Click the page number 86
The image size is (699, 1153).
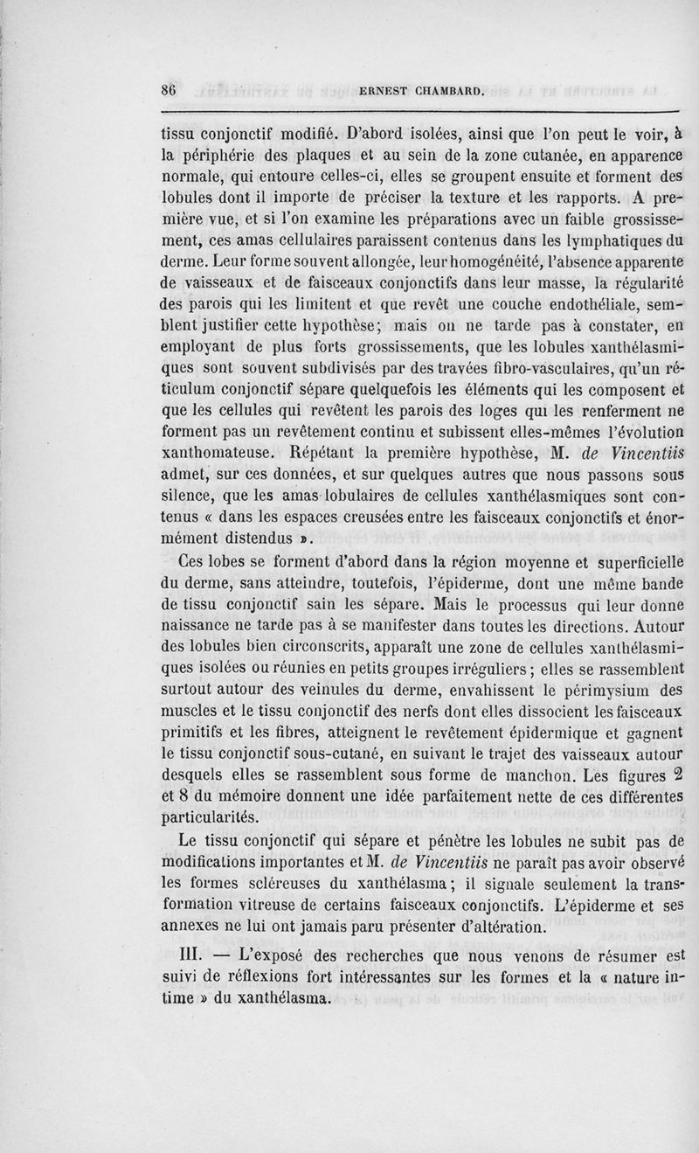(170, 90)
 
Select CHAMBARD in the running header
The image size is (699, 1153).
(456, 90)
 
